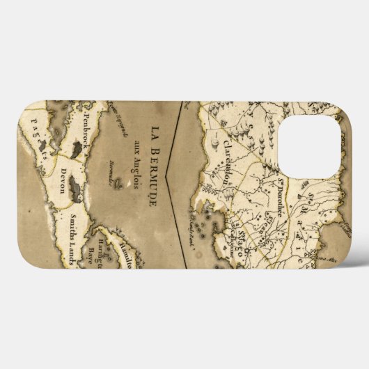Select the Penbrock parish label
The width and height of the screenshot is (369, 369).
tap(88, 130)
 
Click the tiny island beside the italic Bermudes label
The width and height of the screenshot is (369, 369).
tap(118, 185)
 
